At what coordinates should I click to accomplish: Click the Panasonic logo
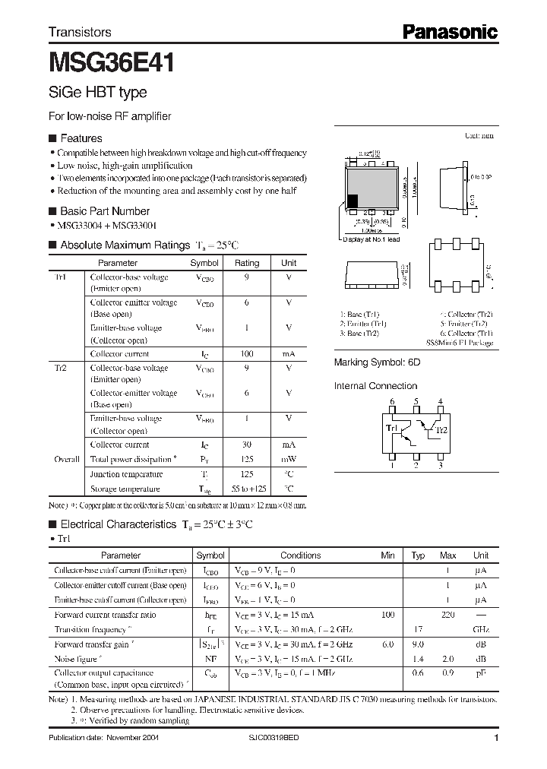coord(449,32)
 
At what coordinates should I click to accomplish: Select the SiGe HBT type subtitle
coord(97,93)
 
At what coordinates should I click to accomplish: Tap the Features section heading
coord(81,138)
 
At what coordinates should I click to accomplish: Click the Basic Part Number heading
coord(104,211)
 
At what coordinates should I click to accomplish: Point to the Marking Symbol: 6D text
coord(377,363)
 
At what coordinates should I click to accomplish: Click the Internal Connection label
coord(376,386)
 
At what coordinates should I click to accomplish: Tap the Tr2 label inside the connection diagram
coord(440,430)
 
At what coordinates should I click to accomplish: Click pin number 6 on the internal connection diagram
coord(392,400)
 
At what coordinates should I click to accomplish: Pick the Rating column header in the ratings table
coord(247,263)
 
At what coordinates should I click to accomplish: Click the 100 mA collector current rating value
coord(247,354)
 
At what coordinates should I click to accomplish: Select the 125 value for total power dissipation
coord(247,460)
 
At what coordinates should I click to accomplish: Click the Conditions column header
coord(301,555)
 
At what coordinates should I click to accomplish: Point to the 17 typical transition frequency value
coord(417,630)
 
